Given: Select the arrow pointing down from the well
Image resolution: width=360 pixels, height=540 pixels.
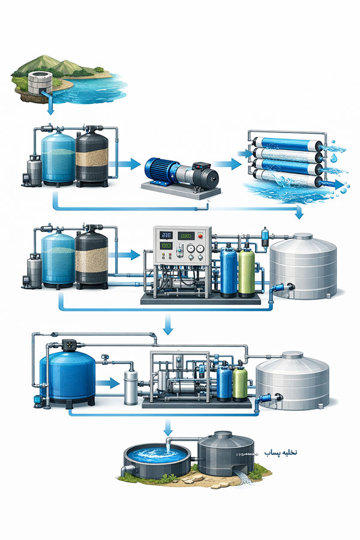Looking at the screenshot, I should pos(50,107).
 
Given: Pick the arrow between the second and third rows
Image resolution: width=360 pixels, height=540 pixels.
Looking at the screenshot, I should pos(169,325).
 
